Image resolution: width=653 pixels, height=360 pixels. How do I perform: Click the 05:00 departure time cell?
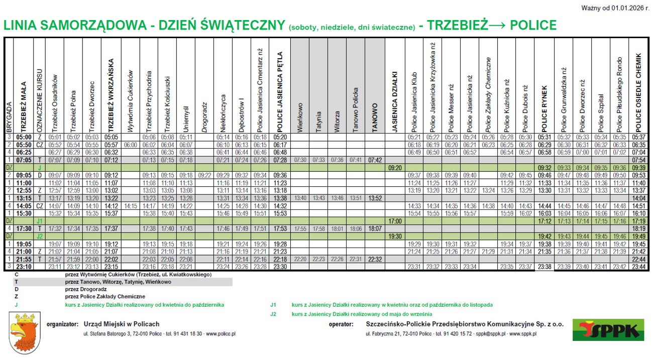click(x=24, y=137)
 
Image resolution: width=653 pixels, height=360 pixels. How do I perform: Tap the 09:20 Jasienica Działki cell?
click(x=394, y=167)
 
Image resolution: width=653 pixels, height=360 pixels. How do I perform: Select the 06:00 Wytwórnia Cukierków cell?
click(x=130, y=144)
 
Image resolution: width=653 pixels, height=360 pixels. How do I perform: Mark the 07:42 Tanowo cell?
click(x=374, y=160)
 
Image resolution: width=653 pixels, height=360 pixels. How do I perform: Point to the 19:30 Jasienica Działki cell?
click(x=394, y=236)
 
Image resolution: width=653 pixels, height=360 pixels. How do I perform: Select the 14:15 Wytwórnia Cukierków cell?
click(x=130, y=205)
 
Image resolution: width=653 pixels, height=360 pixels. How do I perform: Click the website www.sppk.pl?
click(x=523, y=334)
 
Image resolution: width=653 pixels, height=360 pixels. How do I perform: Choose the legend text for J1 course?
click(x=392, y=305)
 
